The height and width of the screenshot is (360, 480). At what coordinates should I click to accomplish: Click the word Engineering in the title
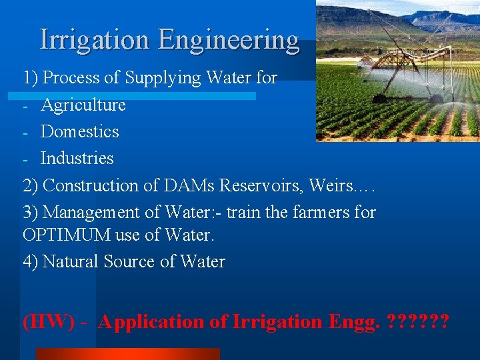point(229,40)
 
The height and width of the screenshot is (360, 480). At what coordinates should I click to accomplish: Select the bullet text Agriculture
point(83,105)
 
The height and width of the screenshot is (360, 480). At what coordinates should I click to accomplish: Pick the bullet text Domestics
point(79,132)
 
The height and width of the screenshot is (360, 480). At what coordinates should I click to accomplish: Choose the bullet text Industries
point(77,159)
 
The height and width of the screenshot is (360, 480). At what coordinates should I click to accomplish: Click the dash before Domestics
point(25,132)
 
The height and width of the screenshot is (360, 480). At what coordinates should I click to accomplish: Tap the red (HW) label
point(49,322)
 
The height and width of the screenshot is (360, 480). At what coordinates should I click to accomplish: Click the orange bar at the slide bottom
point(127,354)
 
